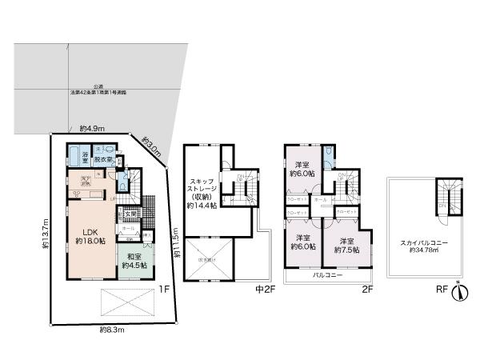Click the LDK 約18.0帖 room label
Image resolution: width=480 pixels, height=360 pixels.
point(90,236)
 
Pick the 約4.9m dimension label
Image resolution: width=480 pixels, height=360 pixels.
point(91,128)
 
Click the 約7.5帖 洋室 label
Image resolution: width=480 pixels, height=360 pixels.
point(346,245)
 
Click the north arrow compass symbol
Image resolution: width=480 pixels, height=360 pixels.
point(458,293)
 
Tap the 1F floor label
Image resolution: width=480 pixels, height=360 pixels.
point(163,290)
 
